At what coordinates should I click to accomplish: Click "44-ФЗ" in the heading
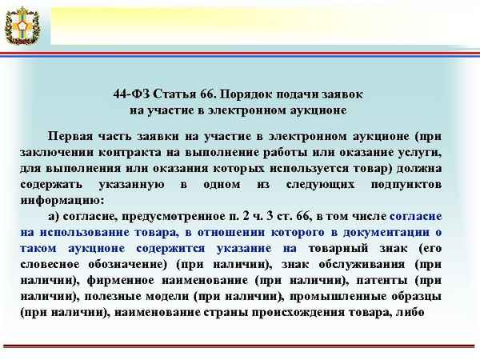[x=130, y=94]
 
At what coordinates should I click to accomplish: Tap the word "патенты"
[x=380, y=280]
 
